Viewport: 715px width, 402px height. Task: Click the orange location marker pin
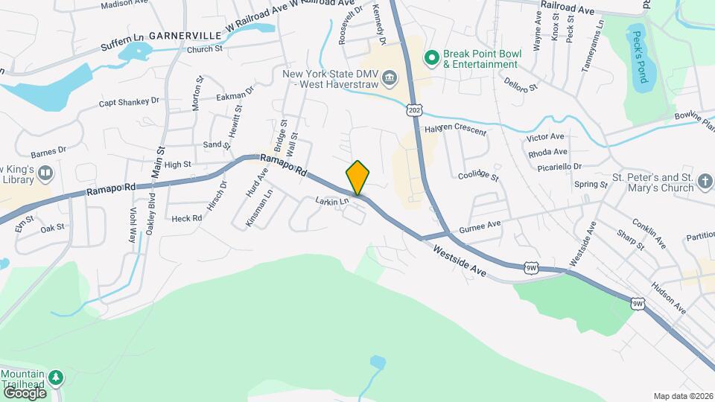[x=357, y=177]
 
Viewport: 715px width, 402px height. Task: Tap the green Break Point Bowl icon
[x=430, y=57]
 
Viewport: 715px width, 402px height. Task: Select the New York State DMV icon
[x=388, y=78]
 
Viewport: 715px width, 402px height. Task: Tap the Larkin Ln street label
[x=331, y=201]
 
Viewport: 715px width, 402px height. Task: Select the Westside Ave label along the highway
[x=460, y=261]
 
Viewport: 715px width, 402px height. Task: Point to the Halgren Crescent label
[x=454, y=130]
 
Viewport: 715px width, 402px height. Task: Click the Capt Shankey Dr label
[x=130, y=102]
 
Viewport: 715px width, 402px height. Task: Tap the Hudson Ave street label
[x=667, y=296]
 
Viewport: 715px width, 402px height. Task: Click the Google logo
[x=25, y=392]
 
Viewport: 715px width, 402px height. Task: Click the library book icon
[x=45, y=173]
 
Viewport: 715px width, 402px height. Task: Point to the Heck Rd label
[x=186, y=218]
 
